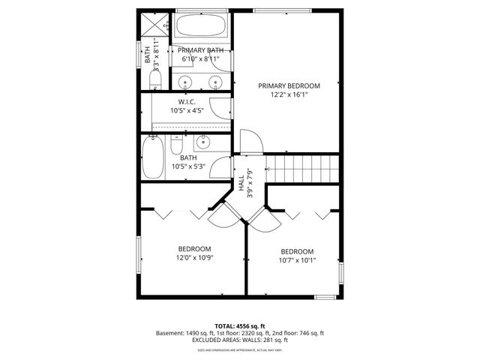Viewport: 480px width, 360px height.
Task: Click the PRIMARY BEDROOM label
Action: [289, 85]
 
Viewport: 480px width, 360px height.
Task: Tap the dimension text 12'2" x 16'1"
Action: [289, 94]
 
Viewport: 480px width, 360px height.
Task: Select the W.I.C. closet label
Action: [187, 101]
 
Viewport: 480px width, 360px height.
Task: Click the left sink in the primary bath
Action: [185, 82]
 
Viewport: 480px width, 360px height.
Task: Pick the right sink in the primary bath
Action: [215, 82]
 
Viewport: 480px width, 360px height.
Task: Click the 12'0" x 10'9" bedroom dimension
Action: [194, 258]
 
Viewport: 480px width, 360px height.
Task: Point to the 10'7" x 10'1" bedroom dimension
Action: [297, 261]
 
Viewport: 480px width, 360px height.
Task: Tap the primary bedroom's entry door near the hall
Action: [249, 142]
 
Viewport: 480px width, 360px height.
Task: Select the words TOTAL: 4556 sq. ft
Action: [240, 326]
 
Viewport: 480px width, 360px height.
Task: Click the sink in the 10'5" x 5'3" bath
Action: [202, 142]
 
